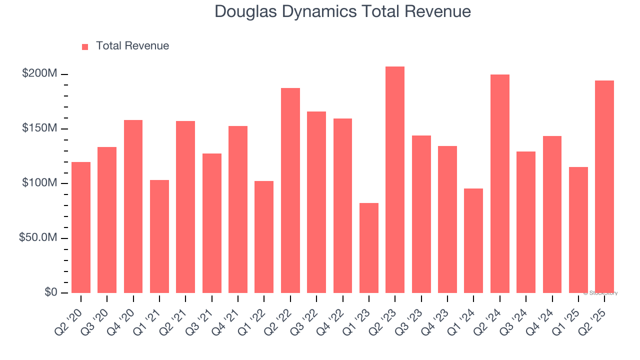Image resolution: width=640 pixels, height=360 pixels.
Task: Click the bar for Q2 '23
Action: [395, 180]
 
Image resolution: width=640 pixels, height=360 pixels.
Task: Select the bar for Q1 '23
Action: [369, 248]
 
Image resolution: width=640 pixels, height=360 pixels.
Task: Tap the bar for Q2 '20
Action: [81, 227]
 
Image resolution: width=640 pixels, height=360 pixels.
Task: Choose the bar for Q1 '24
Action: [473, 240]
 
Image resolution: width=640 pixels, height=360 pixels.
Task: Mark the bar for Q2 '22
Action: [290, 190]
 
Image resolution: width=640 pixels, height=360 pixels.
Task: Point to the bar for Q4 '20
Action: [133, 206]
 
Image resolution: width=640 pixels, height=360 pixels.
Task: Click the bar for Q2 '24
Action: [500, 183]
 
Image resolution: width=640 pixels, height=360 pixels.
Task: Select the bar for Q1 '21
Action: [159, 236]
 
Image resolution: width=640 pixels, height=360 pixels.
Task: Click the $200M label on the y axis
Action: [39, 74]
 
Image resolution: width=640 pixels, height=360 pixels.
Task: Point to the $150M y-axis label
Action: [39, 128]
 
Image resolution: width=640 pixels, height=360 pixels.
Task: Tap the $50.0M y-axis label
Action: [38, 237]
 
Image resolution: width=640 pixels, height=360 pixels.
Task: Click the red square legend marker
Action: [85, 46]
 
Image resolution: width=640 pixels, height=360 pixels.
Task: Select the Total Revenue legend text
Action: [132, 46]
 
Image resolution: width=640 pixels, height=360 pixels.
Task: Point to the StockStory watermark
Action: [600, 293]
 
